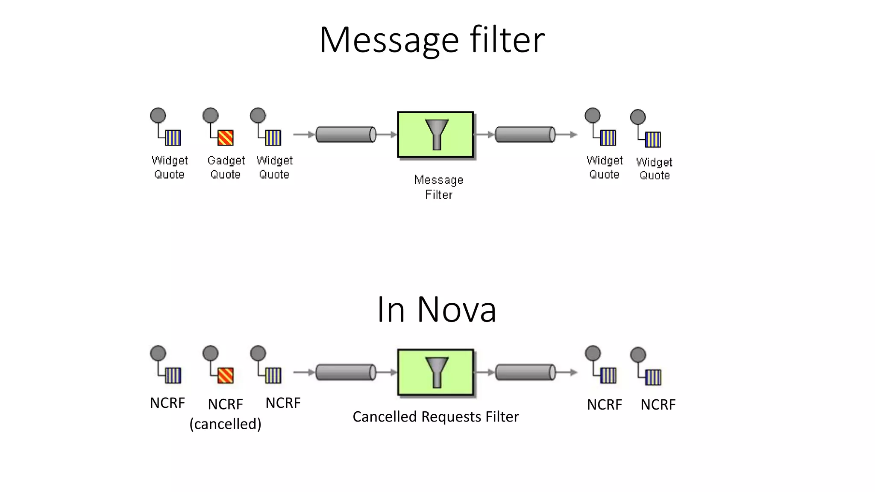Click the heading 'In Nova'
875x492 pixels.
click(436, 309)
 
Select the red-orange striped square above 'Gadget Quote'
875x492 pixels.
click(226, 138)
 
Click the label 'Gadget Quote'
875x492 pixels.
click(226, 167)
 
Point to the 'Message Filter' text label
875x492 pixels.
click(438, 187)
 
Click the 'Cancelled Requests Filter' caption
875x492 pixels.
click(435, 416)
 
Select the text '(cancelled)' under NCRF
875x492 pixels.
click(225, 424)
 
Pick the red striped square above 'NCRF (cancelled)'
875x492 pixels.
click(226, 375)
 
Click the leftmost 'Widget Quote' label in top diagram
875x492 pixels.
click(170, 167)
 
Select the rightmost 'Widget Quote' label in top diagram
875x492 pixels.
click(654, 168)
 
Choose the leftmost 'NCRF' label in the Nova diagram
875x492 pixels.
click(167, 403)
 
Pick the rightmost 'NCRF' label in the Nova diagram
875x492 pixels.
click(658, 404)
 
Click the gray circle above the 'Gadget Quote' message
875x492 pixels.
click(210, 115)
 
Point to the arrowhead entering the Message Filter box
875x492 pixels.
click(393, 135)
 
